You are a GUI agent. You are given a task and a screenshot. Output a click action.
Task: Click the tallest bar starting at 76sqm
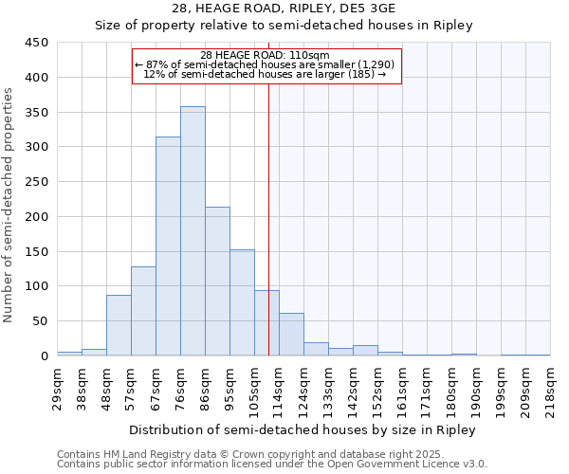193,231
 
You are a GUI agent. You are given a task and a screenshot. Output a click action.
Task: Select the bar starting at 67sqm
168,246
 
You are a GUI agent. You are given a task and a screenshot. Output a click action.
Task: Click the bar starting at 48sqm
119,325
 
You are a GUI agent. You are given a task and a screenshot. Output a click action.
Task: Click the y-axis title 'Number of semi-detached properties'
9,204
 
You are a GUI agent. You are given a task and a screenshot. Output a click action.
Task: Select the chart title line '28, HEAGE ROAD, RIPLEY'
284,9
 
